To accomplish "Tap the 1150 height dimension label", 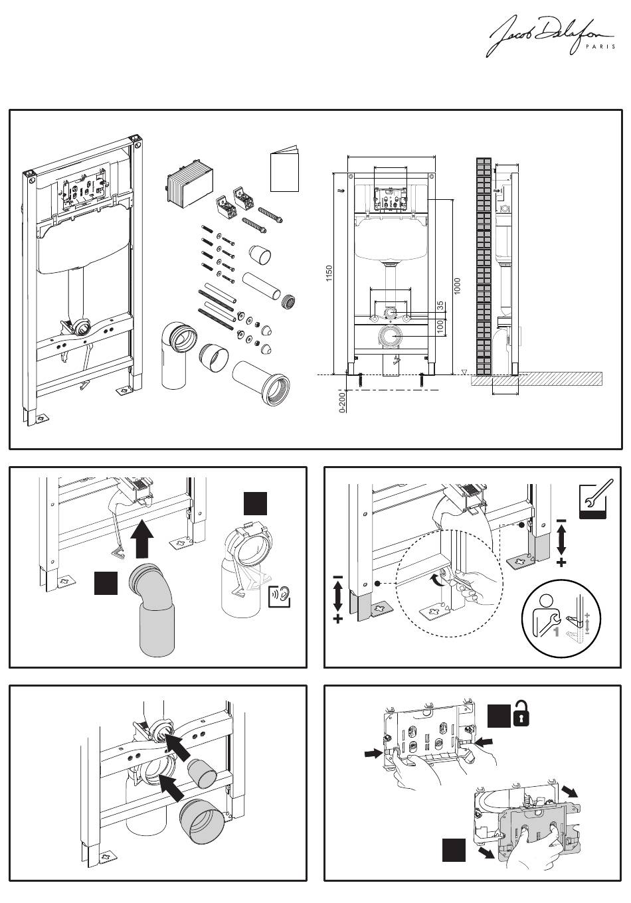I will [329, 274].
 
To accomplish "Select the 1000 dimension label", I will [458, 286].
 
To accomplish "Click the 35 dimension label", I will [440, 306].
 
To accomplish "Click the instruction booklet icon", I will [285, 171].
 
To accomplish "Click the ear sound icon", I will [280, 596].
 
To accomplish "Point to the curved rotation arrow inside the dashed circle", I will [436, 582].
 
